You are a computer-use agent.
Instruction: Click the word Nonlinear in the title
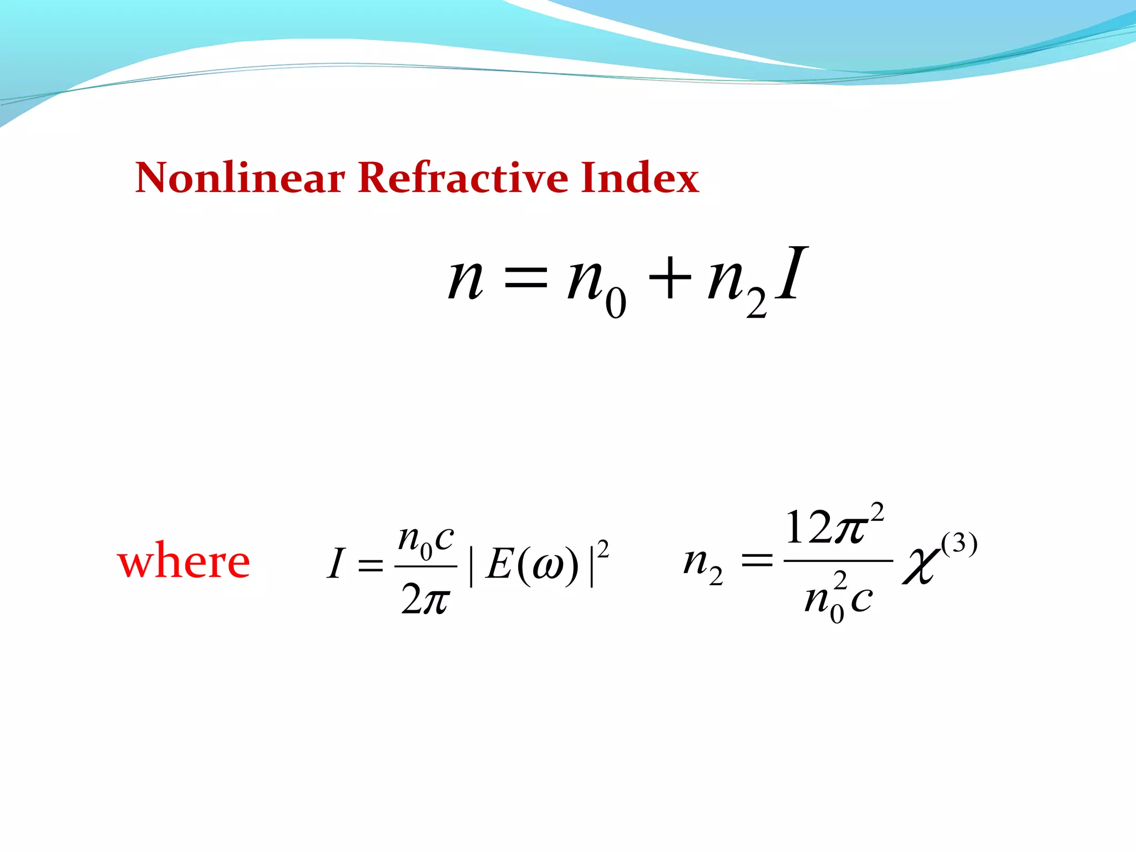click(240, 178)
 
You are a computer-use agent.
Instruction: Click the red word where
click(184, 561)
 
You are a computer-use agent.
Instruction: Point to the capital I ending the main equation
click(791, 274)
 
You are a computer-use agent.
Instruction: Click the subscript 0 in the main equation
click(616, 303)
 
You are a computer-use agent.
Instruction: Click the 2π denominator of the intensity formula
click(425, 600)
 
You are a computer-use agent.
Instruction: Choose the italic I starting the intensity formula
click(336, 564)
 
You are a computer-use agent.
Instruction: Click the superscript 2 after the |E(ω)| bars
click(603, 549)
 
